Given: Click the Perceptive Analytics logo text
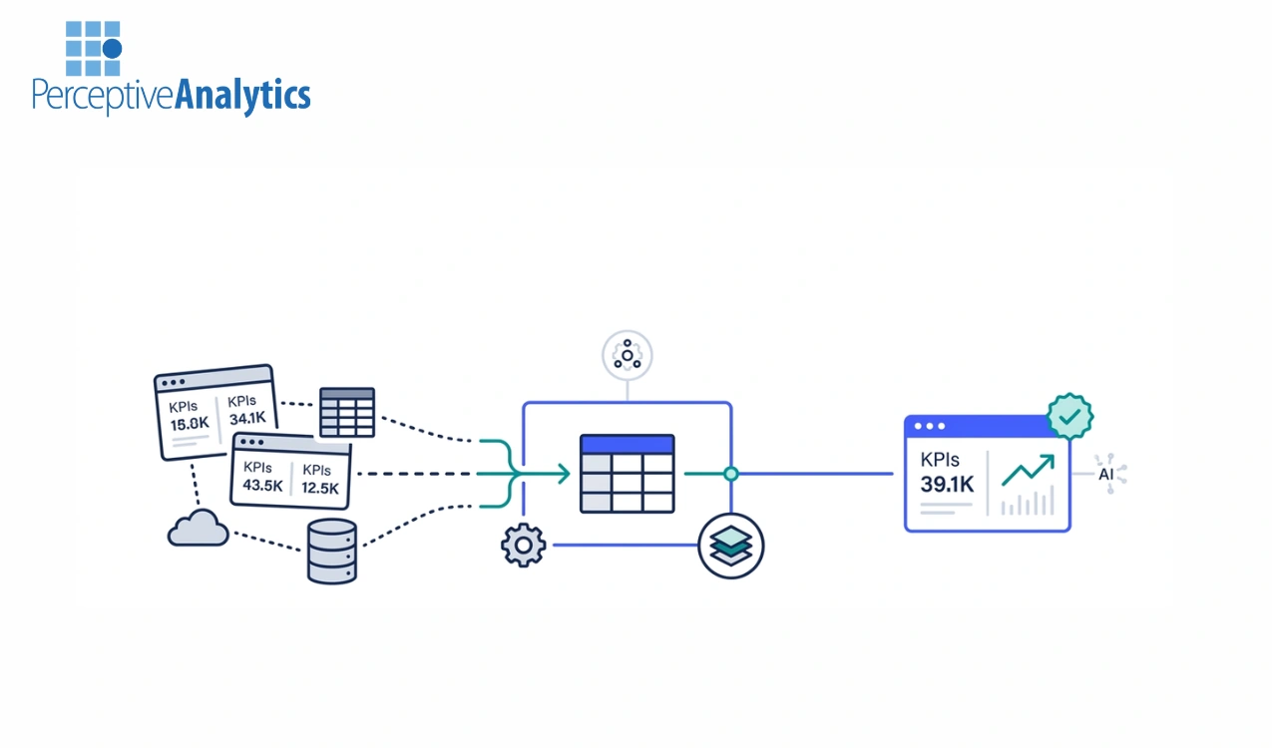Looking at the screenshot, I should [171, 96].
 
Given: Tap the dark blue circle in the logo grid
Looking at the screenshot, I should [112, 48].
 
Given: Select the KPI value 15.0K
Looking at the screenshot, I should [190, 423].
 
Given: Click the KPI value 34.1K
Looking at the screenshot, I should [247, 418].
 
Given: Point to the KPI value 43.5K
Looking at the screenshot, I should [262, 487].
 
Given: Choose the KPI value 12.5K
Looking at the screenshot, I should [321, 488].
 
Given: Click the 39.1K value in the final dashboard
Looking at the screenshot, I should [947, 484].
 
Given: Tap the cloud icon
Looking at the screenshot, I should [198, 529].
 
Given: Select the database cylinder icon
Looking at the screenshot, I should [332, 551].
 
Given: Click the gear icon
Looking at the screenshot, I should [524, 545].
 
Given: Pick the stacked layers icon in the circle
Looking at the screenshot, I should [731, 546].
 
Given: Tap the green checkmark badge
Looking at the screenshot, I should [1069, 417].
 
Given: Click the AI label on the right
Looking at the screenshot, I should [1106, 474].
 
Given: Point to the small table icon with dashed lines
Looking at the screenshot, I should [346, 412].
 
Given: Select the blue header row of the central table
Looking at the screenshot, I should [627, 445].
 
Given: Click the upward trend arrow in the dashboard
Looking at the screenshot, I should [1028, 470].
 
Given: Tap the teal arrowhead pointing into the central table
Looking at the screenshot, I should [564, 474].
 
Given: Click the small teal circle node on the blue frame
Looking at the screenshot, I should [731, 474].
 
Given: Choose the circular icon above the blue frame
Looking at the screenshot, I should [628, 355].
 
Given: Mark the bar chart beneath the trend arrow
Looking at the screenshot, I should [1028, 503].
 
